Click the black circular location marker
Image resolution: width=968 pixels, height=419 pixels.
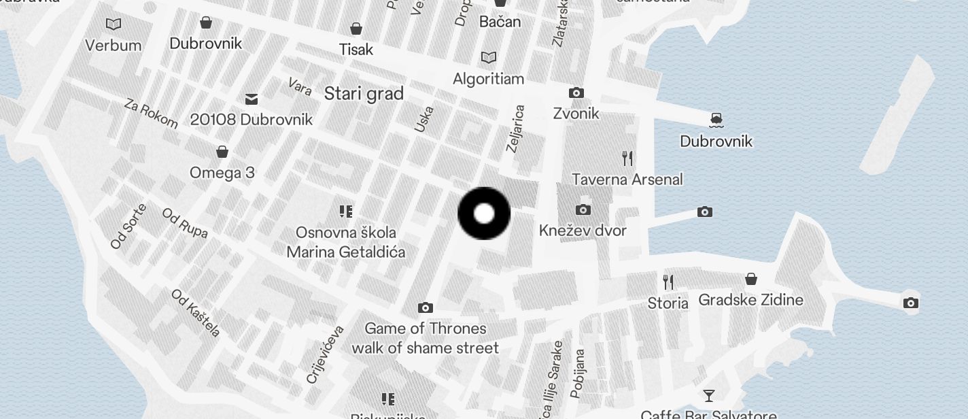tap(484, 214)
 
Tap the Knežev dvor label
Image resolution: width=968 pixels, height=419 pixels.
tap(583, 231)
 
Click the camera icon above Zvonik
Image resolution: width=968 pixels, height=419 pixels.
tap(576, 93)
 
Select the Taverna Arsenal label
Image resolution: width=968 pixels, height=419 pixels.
tap(627, 180)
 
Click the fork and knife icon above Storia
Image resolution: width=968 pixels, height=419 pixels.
tap(668, 282)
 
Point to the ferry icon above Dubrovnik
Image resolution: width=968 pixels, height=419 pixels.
tap(715, 120)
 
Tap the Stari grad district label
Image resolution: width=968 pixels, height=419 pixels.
tap(364, 94)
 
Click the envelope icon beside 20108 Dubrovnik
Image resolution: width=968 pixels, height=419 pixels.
tap(252, 99)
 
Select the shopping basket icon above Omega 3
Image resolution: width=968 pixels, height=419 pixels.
tap(222, 151)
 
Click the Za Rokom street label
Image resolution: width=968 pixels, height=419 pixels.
tap(151, 113)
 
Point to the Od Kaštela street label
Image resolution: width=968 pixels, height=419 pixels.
tap(196, 313)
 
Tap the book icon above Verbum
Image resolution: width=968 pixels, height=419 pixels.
tap(114, 24)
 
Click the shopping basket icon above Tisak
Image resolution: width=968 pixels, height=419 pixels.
tap(356, 29)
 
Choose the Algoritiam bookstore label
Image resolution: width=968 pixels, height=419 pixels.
tap(488, 79)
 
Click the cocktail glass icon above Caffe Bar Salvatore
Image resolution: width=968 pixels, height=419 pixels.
tap(708, 395)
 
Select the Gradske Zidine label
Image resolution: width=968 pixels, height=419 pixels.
tap(750, 300)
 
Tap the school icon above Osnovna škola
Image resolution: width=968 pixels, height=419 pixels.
tap(346, 212)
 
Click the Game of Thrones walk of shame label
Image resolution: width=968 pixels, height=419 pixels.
tap(425, 338)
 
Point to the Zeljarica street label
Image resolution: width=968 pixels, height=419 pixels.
tap(516, 129)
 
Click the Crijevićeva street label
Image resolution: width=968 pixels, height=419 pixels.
tap(326, 354)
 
